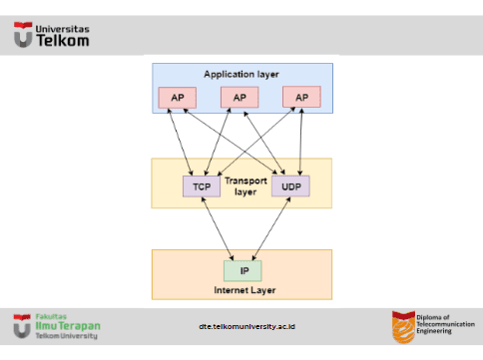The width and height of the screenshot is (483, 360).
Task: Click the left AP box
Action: pos(177,98)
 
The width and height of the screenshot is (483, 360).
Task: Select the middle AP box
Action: pos(239,98)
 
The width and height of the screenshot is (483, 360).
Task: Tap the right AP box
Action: pos(301,98)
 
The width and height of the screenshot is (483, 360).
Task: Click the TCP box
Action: pos(202,185)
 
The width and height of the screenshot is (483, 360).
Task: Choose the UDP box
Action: pos(290,185)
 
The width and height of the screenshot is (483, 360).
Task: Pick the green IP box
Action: pos(242,269)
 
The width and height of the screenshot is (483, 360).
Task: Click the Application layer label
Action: pos(241,75)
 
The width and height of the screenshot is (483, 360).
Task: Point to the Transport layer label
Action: pos(245,185)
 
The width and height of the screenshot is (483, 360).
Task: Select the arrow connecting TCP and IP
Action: pos(219,227)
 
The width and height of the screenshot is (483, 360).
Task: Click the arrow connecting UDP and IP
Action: pos(270,227)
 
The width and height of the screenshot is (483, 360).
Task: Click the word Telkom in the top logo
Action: pos(62,42)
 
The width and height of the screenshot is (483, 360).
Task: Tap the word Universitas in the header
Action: pos(62,29)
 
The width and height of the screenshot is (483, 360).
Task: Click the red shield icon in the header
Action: pos(22,37)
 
